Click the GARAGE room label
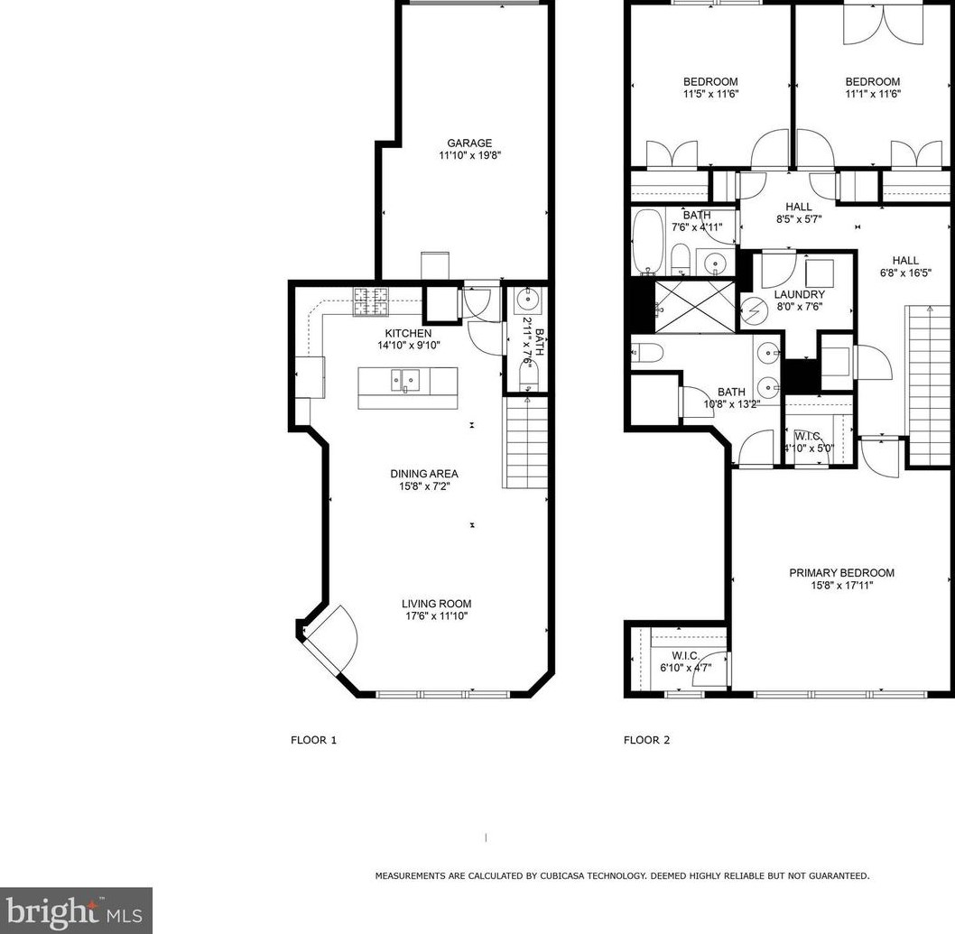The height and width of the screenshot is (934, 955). point(469,143)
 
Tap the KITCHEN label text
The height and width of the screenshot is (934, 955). point(408,333)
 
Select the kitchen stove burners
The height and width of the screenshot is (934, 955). point(371,301)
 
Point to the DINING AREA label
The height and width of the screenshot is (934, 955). point(424,474)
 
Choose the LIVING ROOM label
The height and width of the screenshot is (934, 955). point(436,604)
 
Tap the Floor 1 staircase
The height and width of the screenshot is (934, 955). point(525,443)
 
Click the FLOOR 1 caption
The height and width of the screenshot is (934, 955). point(313,740)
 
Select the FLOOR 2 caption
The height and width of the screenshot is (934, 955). point(647,740)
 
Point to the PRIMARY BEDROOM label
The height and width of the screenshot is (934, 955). point(841,573)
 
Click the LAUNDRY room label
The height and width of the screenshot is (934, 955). point(799,295)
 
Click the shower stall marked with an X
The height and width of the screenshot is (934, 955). point(695,307)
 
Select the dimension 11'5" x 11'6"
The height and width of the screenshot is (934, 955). point(710,95)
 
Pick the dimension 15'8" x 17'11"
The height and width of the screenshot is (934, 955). point(841,586)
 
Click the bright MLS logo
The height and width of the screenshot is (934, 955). point(76,911)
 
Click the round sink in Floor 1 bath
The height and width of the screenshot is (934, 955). point(526,300)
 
